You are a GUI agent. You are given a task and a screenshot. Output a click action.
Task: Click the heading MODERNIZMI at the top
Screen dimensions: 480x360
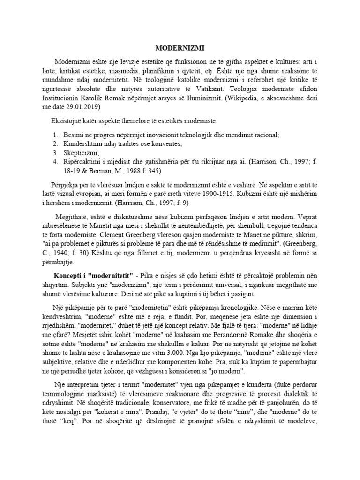(x=180, y=48)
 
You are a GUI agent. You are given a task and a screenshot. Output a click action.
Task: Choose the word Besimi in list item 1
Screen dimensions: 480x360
(x=75, y=135)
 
